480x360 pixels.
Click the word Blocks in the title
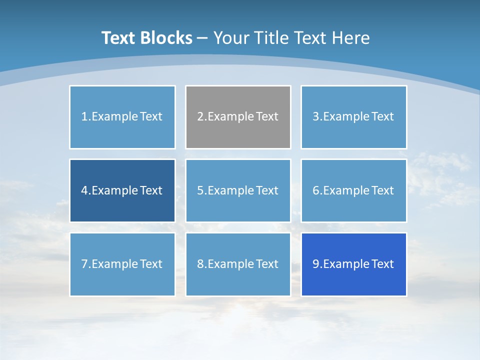(166, 38)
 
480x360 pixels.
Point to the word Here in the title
(352, 38)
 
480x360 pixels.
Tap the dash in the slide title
(202, 38)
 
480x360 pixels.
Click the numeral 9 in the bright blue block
(316, 264)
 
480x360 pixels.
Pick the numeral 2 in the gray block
(200, 116)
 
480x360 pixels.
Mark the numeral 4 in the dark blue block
(84, 190)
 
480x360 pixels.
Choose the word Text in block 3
(383, 116)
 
